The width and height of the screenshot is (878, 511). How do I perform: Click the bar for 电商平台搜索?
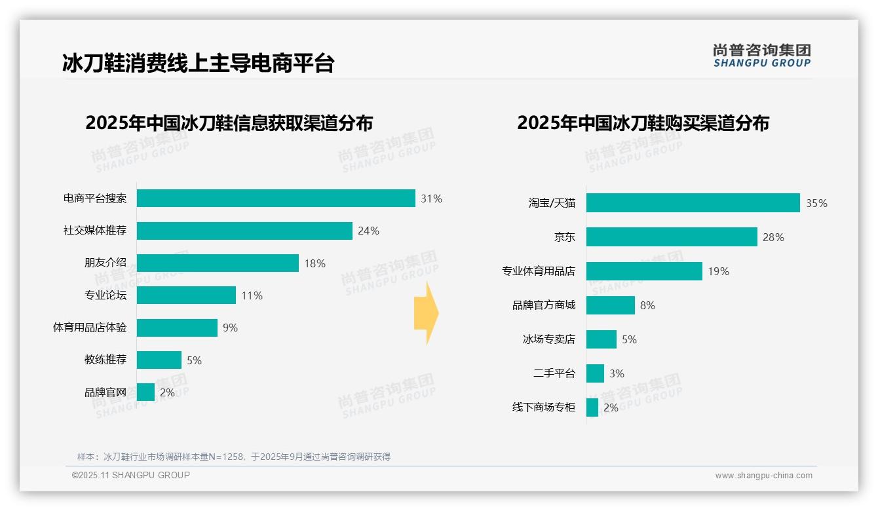276,199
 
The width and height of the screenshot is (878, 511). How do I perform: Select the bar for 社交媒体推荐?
244,231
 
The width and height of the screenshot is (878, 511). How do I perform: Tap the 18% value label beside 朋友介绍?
315,263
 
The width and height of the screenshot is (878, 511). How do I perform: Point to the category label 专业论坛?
105,295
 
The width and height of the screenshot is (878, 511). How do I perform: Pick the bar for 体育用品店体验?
177,328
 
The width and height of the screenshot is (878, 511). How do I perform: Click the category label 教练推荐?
105,360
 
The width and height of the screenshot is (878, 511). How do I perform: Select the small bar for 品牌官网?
146,392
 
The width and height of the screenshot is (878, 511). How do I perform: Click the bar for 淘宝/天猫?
693,203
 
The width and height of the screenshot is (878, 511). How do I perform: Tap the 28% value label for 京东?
773,237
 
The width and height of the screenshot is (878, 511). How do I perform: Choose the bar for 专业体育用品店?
644,271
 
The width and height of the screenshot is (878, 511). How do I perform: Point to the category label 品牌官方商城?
544,305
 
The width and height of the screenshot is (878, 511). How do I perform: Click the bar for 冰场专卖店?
601,339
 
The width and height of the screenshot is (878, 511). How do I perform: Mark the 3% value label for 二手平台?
617,373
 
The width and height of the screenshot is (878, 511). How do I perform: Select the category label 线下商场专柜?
544,407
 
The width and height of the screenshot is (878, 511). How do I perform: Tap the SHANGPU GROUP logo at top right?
762,56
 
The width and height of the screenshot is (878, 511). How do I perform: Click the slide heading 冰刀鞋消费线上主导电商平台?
198,64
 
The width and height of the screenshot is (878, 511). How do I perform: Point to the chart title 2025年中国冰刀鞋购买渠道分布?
643,123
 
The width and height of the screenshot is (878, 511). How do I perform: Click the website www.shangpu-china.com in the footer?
763,476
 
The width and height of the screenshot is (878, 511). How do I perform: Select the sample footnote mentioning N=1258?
234,457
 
